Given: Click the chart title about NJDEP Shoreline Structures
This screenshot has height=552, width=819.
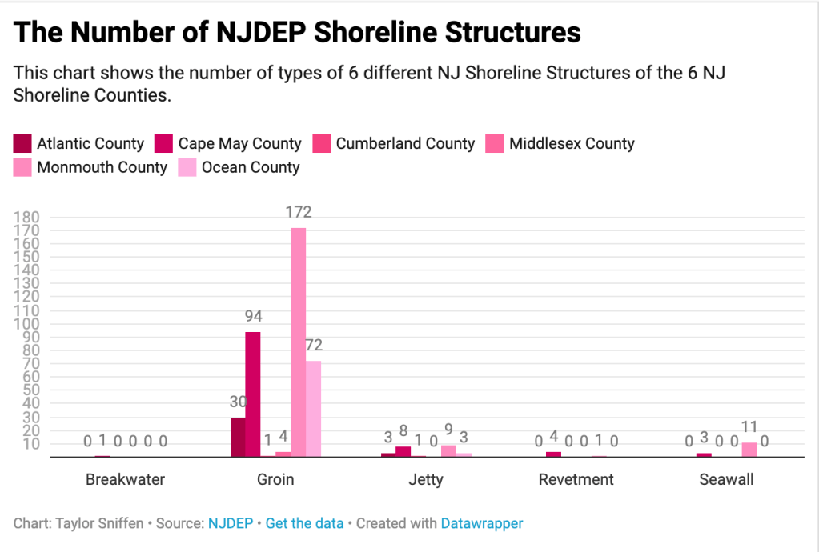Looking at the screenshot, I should click(x=297, y=32).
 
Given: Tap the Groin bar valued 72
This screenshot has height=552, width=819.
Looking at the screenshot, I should click(x=313, y=409).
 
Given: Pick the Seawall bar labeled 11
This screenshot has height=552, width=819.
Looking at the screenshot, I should click(x=749, y=450).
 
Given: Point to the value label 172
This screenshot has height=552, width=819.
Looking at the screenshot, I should click(x=298, y=212).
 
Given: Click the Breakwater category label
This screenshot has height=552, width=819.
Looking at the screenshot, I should click(x=125, y=480).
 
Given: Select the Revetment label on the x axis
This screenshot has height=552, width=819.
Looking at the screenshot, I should click(x=576, y=480).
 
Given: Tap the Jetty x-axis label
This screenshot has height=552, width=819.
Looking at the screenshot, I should click(x=426, y=480).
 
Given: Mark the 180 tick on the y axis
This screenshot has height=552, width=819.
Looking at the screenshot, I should click(x=27, y=217).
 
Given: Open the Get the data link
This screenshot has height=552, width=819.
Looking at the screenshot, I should click(x=304, y=523).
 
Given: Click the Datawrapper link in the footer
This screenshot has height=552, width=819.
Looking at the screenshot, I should click(x=481, y=523).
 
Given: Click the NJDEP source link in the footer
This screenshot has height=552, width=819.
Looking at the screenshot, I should click(x=230, y=523).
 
